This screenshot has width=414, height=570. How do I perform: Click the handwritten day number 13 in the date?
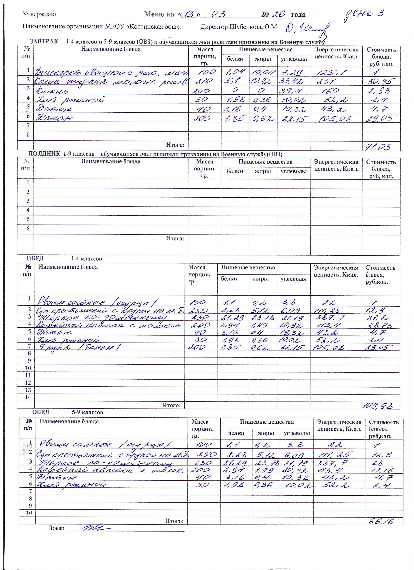[190, 14]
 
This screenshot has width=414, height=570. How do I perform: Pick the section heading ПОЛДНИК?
[44, 154]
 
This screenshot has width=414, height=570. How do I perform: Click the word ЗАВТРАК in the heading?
[44, 41]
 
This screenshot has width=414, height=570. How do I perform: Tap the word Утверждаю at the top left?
[40, 14]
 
